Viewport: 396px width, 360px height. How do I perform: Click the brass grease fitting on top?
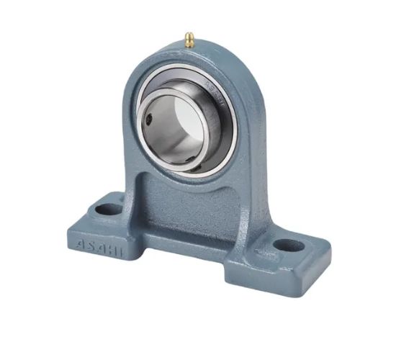point(189,40)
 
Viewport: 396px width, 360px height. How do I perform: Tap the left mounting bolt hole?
point(109,210)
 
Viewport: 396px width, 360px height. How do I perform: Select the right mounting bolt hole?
point(289,245)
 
